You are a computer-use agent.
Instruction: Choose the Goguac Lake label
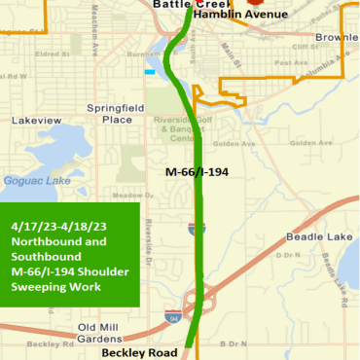[x=31, y=180]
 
